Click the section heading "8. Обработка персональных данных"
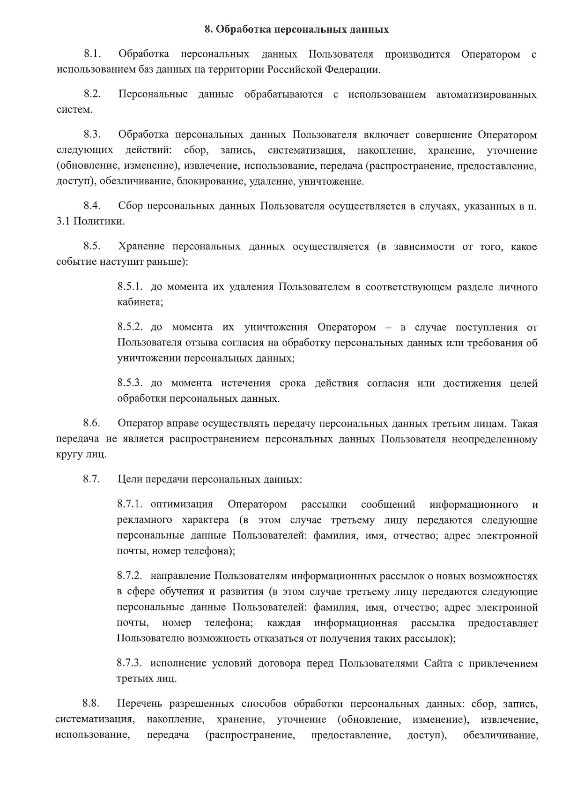(296, 30)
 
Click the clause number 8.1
(93, 54)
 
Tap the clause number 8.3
(93, 135)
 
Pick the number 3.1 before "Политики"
(63, 221)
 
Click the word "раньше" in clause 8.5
(168, 262)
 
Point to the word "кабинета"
(139, 302)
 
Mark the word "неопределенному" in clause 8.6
(495, 439)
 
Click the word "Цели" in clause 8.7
(129, 480)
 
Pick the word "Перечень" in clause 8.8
(139, 704)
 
